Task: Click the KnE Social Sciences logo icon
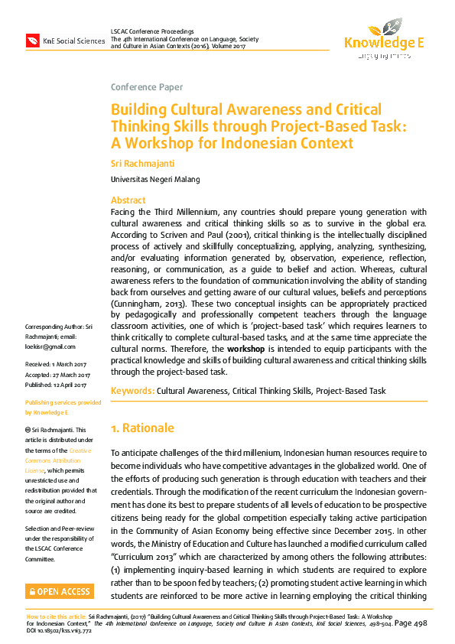point(33,40)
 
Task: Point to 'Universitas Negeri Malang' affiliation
point(155,179)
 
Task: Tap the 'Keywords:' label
point(132,391)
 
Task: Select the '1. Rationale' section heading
point(142,428)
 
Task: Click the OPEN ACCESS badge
point(60,591)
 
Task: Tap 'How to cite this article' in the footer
point(56,615)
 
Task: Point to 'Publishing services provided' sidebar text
point(63,402)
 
